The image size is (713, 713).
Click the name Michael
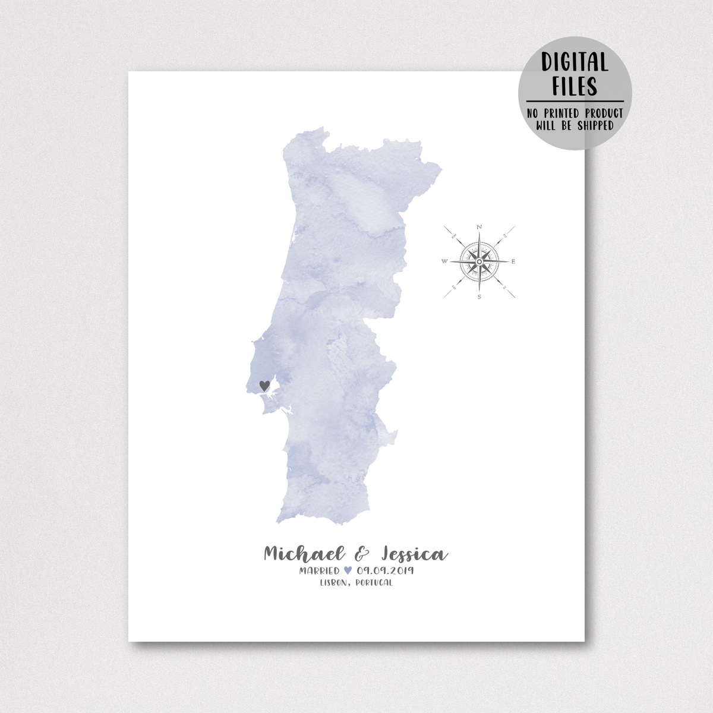click(x=304, y=554)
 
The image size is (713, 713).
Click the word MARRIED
click(x=320, y=571)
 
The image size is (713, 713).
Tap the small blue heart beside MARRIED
click(x=348, y=571)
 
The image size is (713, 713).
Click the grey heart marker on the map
click(x=264, y=385)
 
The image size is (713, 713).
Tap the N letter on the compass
click(x=479, y=227)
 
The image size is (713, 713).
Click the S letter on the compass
click(x=479, y=296)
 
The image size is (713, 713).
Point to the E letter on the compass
click(x=514, y=261)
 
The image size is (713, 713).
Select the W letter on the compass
click(x=444, y=261)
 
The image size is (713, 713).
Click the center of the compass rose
click(x=479, y=261)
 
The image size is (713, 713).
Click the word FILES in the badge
click(x=574, y=87)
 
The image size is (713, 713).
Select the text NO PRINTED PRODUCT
click(x=574, y=113)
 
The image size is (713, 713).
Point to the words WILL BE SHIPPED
click(x=574, y=125)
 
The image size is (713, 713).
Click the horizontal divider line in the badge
click(x=574, y=102)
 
